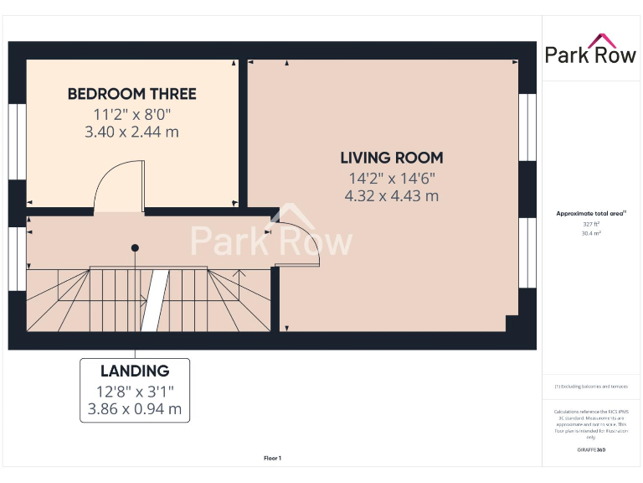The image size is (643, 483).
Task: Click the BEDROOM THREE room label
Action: click(132, 94)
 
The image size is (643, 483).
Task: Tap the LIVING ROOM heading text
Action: click(391, 158)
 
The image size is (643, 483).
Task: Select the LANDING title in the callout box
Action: click(135, 371)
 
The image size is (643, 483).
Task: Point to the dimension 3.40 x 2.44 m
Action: click(132, 132)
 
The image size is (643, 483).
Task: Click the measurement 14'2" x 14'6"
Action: click(391, 178)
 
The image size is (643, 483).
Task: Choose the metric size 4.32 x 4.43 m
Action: click(391, 196)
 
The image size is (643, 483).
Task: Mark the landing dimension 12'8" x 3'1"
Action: click(135, 391)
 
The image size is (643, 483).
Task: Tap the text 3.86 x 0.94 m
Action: click(135, 409)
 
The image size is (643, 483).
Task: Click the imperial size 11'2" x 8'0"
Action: click(132, 114)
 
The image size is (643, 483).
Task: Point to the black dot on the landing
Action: click(134, 247)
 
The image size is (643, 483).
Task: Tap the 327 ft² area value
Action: click(590, 224)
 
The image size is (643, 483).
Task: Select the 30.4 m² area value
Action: click(590, 234)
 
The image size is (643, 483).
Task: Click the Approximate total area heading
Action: click(590, 214)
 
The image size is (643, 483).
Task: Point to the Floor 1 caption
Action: click(272, 458)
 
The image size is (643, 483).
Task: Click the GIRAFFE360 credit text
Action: click(590, 450)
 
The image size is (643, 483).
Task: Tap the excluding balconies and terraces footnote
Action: click(590, 387)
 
